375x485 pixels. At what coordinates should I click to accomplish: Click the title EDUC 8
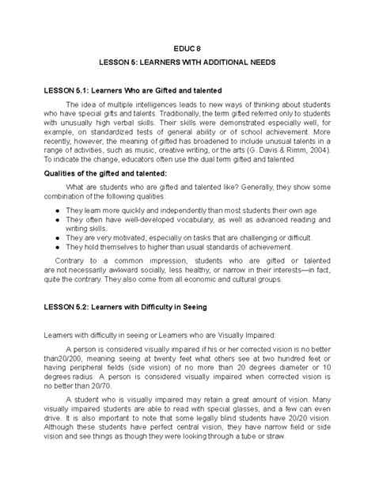(x=187, y=47)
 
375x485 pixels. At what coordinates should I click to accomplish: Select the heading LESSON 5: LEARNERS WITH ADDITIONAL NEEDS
(x=187, y=62)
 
